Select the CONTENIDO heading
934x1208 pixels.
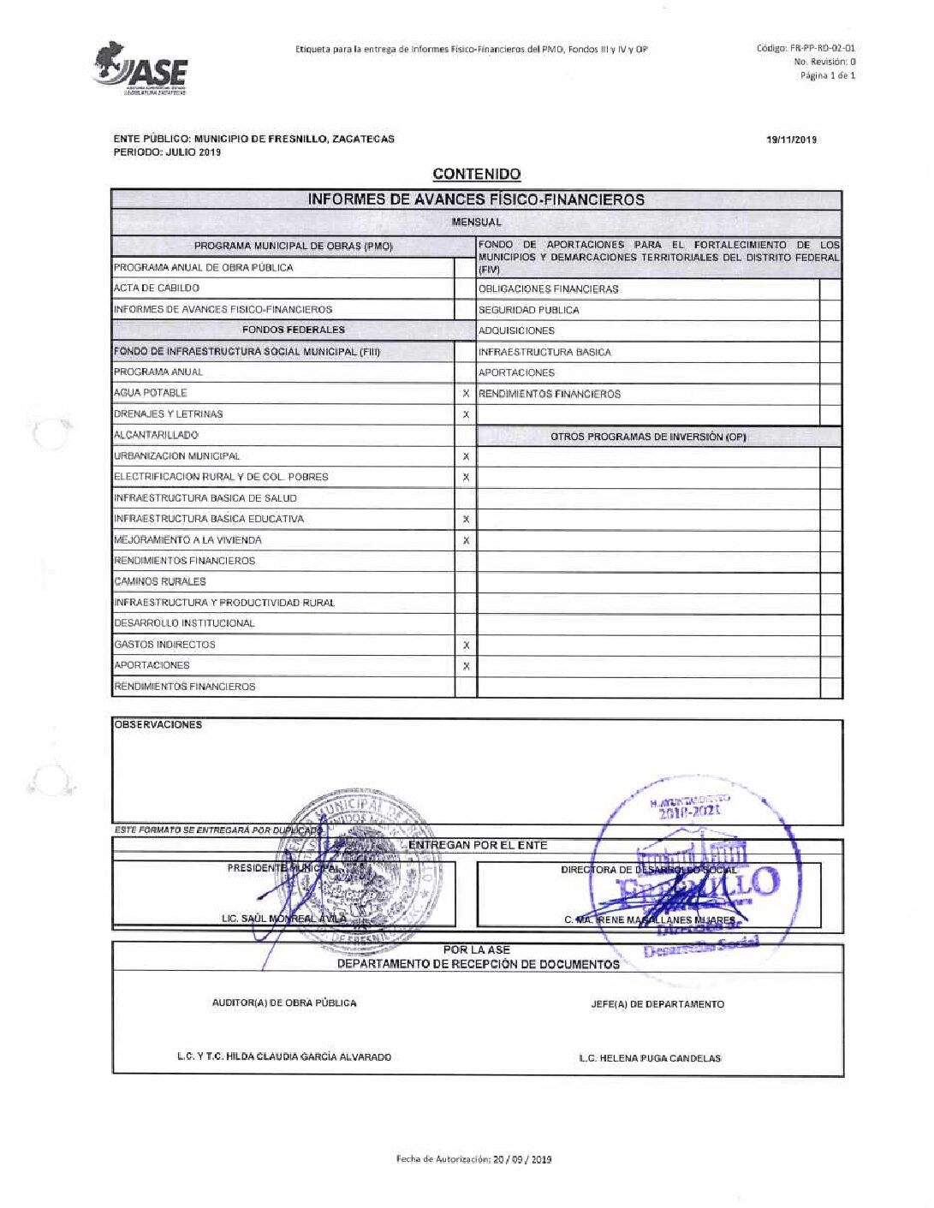click(477, 175)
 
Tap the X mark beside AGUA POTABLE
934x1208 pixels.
click(466, 393)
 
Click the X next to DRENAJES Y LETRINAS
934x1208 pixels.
click(466, 414)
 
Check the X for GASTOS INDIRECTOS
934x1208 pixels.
click(466, 645)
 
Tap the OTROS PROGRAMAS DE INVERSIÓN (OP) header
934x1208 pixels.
click(649, 437)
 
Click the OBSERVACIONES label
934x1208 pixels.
click(158, 725)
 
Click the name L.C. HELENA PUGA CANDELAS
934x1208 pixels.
click(650, 1058)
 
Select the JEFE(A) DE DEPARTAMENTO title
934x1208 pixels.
click(657, 1004)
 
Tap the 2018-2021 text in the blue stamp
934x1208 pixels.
click(689, 810)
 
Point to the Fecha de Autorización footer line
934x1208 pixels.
click(473, 1159)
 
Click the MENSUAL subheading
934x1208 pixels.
click(477, 223)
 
